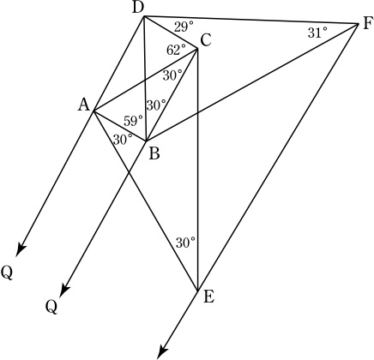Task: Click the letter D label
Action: (x=138, y=9)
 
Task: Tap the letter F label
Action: (x=367, y=24)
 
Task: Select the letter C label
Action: (x=205, y=40)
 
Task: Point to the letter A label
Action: (x=84, y=105)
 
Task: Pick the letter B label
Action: (x=154, y=154)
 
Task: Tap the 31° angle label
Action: (x=317, y=33)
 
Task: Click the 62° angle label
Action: (x=176, y=51)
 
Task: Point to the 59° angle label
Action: (x=133, y=121)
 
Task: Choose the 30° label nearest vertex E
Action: (x=185, y=243)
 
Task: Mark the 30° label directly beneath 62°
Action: (x=172, y=75)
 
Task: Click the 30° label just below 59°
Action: (x=123, y=140)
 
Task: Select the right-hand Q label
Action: (x=51, y=307)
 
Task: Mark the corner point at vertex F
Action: (x=359, y=24)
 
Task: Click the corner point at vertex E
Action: (x=197, y=291)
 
